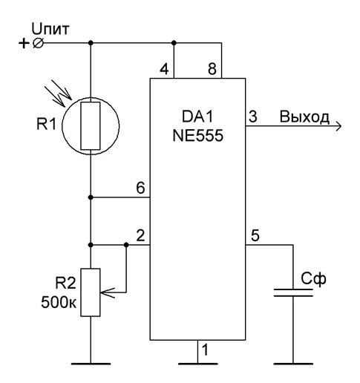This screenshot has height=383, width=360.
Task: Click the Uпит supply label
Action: pos(50,29)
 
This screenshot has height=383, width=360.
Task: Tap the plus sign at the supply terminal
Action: pos(24,44)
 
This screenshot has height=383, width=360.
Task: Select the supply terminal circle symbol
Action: pos(38,44)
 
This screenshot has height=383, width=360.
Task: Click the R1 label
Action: pos(46,124)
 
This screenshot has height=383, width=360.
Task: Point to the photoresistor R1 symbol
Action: pos(91,126)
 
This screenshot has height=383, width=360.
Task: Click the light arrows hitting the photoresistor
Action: pos(58,93)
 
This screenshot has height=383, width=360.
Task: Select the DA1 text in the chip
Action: pos(197,117)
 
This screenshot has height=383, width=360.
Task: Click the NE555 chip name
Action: pos(197,136)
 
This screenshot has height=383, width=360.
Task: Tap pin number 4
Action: pos(164,69)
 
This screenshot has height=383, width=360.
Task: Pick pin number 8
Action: pos(212,69)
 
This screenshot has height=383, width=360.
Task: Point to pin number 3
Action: pos(253,117)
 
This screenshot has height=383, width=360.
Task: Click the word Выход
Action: pos(304,117)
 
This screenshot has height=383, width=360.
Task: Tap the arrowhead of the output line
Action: pos(338,126)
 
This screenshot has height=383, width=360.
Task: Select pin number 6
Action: pos(140,188)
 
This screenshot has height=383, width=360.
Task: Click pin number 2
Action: pos(140,235)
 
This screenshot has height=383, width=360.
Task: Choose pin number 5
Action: pos(255,235)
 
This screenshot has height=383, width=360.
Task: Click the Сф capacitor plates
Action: pos(293,292)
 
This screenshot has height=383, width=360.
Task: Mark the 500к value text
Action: pos(59,302)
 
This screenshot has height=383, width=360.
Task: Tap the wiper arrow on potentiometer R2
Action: pos(107,292)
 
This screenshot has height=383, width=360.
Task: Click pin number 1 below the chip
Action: pos(205,350)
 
